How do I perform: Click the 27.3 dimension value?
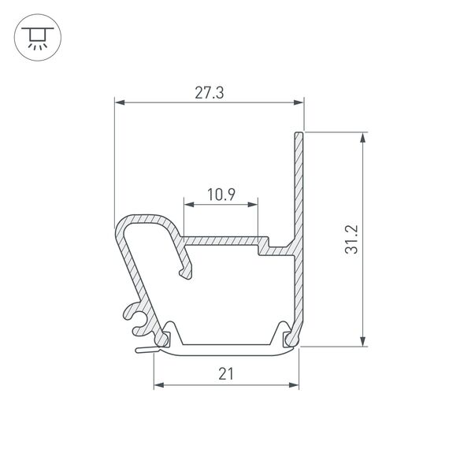(x=209, y=92)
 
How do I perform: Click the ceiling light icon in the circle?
(x=36, y=37)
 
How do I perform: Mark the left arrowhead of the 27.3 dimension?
(x=119, y=102)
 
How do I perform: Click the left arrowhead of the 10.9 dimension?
(x=187, y=204)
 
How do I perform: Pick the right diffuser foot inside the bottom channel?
(x=285, y=336)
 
